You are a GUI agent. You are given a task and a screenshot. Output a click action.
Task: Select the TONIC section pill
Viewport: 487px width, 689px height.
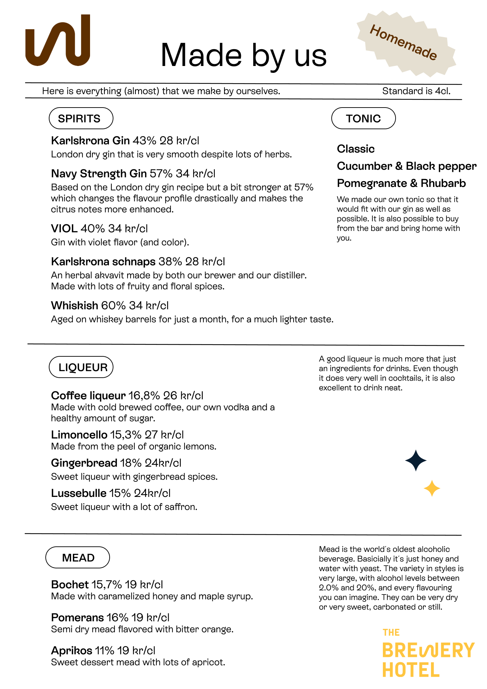coord(363,119)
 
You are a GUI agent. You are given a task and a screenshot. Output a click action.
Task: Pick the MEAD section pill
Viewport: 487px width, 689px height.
coord(78,557)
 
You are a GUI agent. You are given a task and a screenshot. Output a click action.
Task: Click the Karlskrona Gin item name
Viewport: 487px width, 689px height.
coord(90,141)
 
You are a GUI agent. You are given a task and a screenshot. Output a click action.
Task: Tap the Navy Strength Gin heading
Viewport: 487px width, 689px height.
coord(99,174)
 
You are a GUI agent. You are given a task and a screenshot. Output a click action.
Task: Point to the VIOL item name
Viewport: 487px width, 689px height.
coord(64,229)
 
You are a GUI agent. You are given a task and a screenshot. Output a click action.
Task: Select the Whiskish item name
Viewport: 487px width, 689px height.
coord(75,305)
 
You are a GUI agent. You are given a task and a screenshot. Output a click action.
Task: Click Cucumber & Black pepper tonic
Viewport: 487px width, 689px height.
coord(407,166)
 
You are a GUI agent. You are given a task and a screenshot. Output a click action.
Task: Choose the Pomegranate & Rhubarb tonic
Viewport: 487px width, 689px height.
coord(401,184)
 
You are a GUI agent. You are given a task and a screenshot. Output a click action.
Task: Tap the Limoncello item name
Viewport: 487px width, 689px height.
coord(79,435)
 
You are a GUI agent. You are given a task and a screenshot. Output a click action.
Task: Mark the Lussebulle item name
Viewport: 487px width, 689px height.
coord(79,493)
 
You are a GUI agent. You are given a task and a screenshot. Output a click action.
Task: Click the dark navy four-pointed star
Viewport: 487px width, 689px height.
coord(416,460)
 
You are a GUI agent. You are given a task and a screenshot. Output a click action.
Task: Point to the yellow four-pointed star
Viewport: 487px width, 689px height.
coord(432,488)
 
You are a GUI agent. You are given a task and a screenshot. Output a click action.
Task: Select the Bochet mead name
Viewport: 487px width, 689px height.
coord(70,585)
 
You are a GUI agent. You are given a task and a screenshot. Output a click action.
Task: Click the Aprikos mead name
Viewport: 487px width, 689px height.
coord(72,651)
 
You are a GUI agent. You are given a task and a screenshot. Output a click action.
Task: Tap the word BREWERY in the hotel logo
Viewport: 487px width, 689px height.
coord(428,651)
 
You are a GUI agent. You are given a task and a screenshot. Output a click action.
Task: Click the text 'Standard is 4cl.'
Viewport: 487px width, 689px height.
coord(416,91)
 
